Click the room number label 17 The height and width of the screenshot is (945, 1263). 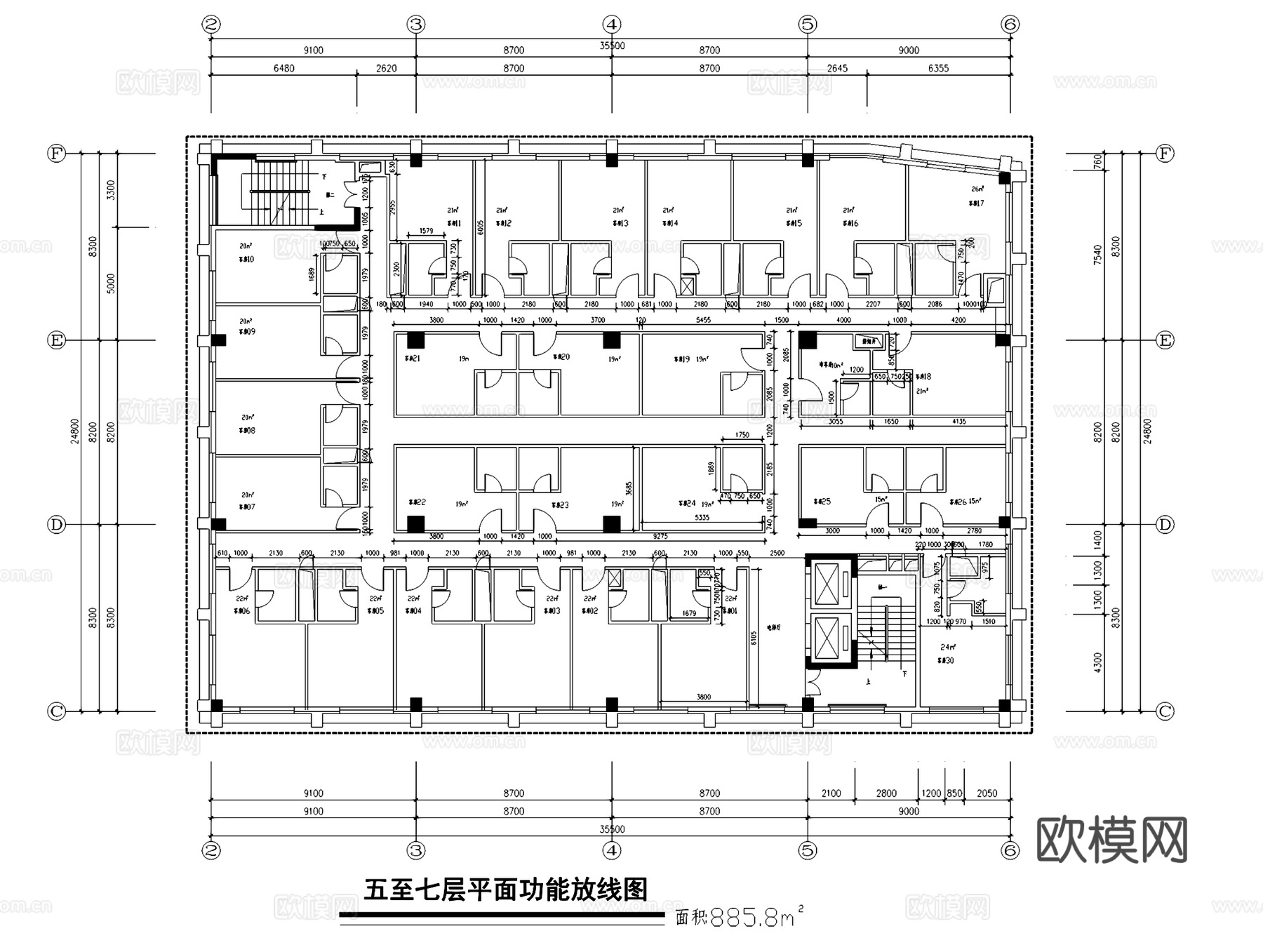point(976,203)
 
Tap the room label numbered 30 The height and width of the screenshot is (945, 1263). point(945,661)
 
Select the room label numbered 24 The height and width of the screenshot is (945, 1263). point(687,504)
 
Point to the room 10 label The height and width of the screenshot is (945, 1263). point(246,260)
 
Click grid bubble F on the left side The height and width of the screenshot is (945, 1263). point(56,153)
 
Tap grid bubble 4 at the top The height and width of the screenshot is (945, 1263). point(612,25)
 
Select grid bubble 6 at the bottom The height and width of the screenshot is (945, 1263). point(1010,850)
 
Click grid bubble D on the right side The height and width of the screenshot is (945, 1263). point(1165,525)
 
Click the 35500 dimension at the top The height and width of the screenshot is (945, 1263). point(612,46)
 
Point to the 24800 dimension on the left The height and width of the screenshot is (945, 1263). point(75,432)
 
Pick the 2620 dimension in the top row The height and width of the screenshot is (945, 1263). point(386,69)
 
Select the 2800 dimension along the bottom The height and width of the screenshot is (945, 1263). point(886,793)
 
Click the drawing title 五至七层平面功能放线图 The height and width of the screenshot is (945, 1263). point(505,890)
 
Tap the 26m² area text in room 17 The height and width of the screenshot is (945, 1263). point(977,189)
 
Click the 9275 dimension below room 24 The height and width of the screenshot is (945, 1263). point(660,537)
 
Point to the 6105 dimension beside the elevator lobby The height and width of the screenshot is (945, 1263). point(754,637)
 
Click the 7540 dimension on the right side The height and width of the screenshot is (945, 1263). point(1097,254)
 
